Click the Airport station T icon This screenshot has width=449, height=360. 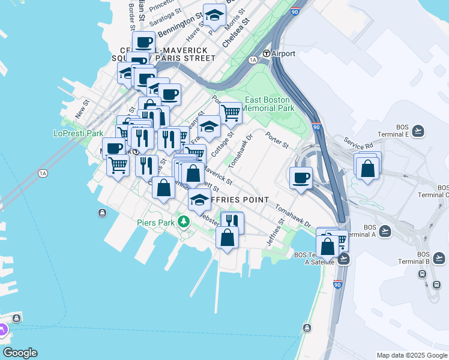[266, 53]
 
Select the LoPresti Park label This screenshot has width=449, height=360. [79, 133]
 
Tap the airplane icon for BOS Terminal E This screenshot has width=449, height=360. [418, 131]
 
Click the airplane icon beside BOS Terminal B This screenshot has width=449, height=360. [439, 258]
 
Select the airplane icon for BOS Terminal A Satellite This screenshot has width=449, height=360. [343, 259]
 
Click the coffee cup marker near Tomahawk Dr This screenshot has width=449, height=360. [301, 177]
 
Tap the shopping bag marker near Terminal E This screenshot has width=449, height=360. [367, 168]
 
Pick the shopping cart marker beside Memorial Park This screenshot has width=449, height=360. [231, 112]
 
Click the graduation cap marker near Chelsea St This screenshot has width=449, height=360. [214, 16]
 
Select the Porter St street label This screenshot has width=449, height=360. [277, 142]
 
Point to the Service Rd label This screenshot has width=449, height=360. [358, 143]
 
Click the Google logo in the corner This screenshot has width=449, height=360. [20, 353]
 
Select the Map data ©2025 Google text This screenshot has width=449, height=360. [412, 355]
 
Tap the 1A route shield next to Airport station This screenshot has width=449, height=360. [253, 60]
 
